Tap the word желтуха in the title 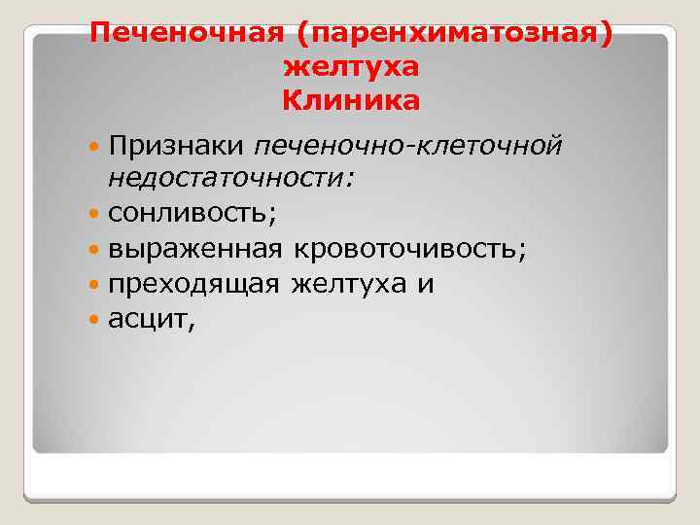[x=351, y=67]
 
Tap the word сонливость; [x=192, y=211]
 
